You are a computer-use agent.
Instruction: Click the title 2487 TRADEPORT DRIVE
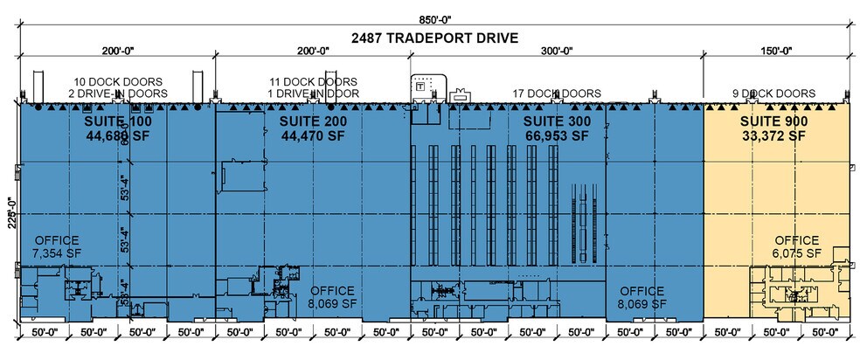tap(434, 38)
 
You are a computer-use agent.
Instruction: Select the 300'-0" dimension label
tap(556, 52)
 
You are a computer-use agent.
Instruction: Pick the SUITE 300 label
tap(556, 120)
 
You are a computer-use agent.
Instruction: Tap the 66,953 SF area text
tap(556, 135)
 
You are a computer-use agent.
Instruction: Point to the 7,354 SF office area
tap(57, 253)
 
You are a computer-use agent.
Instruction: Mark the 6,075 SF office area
tap(796, 253)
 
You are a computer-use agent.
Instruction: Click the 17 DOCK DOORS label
tap(557, 93)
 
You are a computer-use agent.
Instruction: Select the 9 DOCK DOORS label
tap(773, 93)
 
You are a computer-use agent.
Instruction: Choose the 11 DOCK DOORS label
tap(312, 81)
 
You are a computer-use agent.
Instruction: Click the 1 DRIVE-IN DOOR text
tap(312, 93)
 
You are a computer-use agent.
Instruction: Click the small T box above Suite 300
tap(420, 86)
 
